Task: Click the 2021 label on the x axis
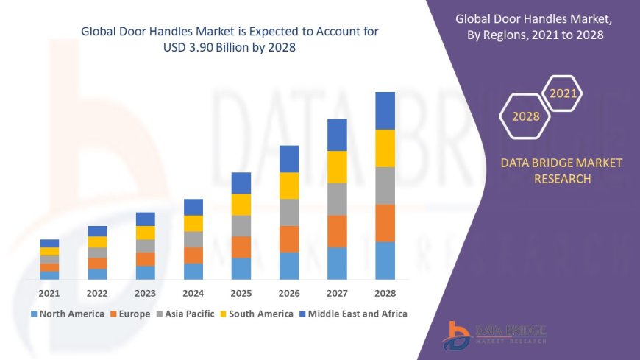[49, 292]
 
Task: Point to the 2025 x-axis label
[241, 292]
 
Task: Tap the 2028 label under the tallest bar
[385, 292]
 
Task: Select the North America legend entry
[67, 314]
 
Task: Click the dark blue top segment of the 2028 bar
[385, 110]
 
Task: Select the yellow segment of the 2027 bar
[337, 166]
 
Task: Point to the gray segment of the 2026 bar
[289, 212]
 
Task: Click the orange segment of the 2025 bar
[241, 247]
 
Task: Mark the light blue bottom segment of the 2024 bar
[193, 271]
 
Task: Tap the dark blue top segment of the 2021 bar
[49, 243]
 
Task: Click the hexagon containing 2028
[525, 116]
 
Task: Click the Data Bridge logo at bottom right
[495, 335]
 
